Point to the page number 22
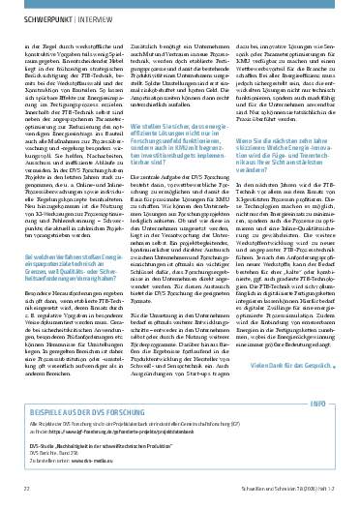coord(25,494)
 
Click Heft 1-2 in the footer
coord(325,494)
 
